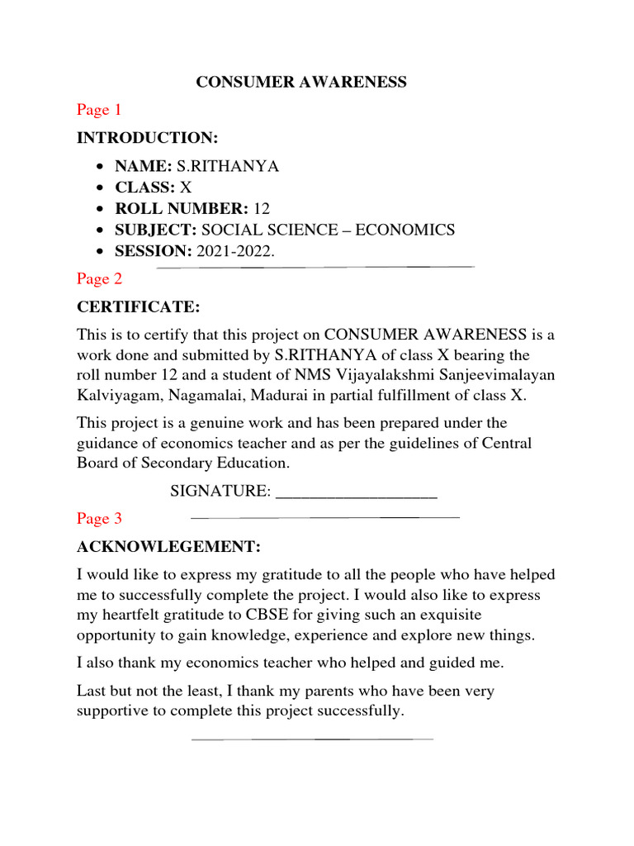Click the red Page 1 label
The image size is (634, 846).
99,109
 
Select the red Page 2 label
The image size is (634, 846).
99,279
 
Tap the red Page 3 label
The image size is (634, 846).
99,519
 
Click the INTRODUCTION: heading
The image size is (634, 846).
148,137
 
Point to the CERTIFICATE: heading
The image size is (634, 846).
139,307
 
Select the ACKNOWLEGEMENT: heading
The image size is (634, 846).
169,546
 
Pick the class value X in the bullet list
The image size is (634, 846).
186,188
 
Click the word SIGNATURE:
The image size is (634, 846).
220,492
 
